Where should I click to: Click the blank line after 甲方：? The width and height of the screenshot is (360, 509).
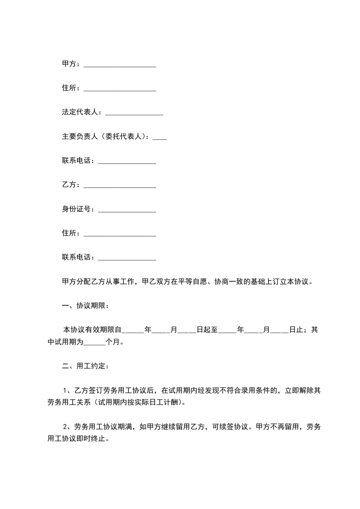click(120, 65)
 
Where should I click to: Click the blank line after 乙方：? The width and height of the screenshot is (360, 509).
click(120, 186)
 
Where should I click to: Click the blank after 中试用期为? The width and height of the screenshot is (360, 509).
click(94, 343)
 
